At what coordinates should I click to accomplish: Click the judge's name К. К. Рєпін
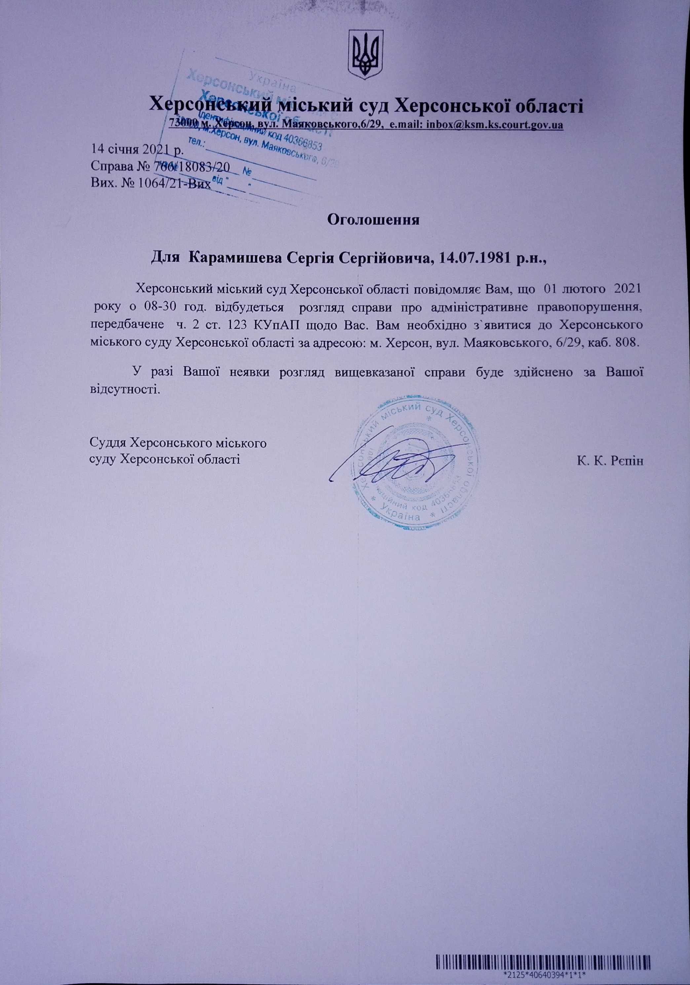pos(611,461)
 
